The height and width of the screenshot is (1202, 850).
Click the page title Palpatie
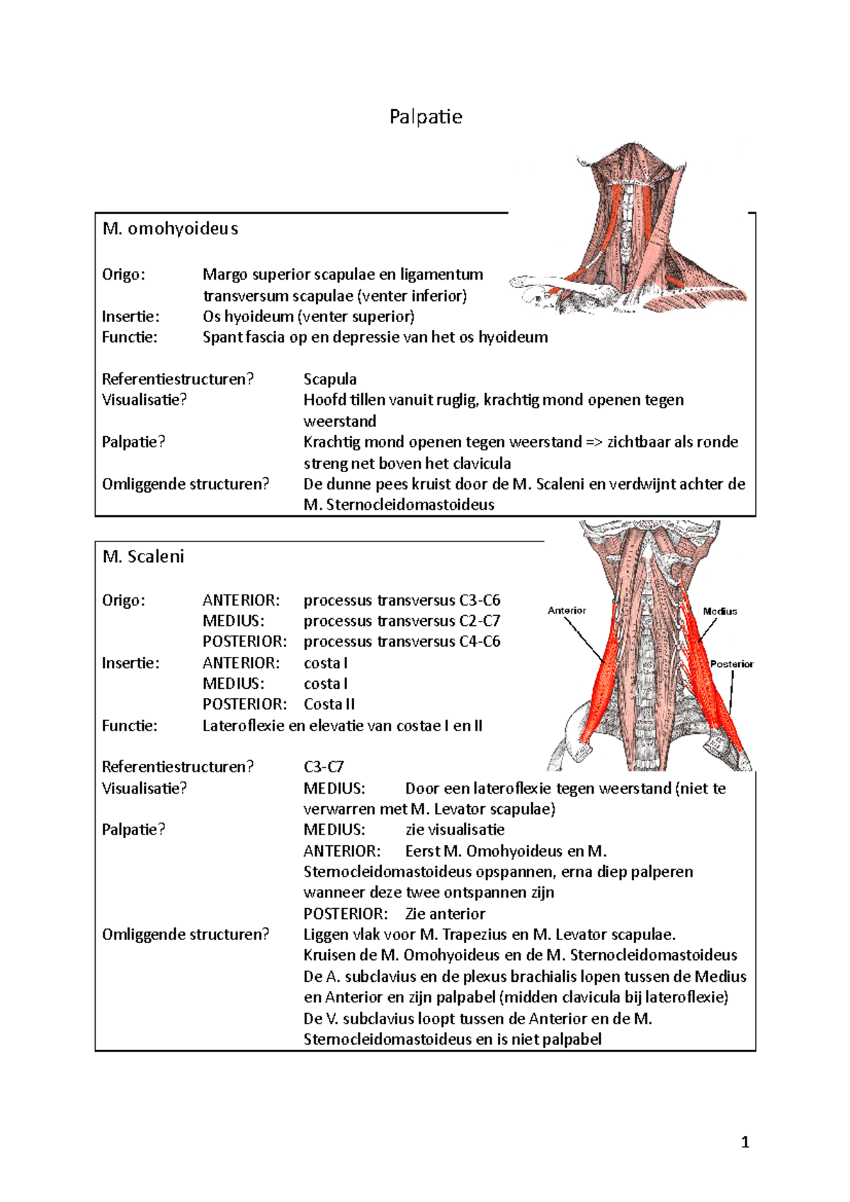[x=426, y=117]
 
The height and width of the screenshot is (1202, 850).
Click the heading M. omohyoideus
[x=170, y=229]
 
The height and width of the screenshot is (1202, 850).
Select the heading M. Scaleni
[x=143, y=556]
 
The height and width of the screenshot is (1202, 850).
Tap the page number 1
[x=744, y=1142]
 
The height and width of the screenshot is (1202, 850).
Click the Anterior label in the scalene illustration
[x=567, y=610]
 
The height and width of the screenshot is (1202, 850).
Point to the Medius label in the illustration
[x=720, y=611]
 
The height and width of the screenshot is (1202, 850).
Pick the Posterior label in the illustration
[x=732, y=664]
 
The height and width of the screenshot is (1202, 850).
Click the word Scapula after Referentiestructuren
[x=330, y=379]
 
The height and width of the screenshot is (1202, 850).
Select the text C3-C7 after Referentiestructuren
[x=324, y=767]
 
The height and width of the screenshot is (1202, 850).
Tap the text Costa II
[x=329, y=704]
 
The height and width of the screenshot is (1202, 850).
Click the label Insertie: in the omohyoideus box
[x=130, y=316]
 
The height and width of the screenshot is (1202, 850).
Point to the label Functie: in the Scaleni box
[x=130, y=726]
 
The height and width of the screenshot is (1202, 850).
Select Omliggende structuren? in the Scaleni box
[x=186, y=934]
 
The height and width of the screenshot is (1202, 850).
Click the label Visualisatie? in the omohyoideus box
[x=144, y=400]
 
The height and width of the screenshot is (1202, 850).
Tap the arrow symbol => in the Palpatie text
[x=594, y=442]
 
